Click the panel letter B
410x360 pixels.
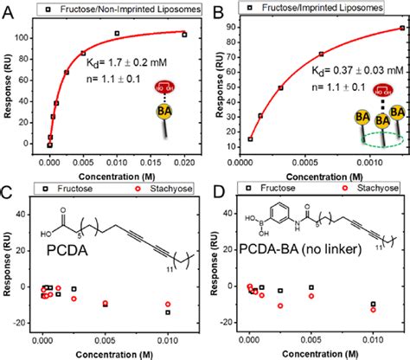coord(215,10)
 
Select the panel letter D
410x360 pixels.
coord(215,189)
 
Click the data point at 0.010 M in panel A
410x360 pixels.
coord(117,34)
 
